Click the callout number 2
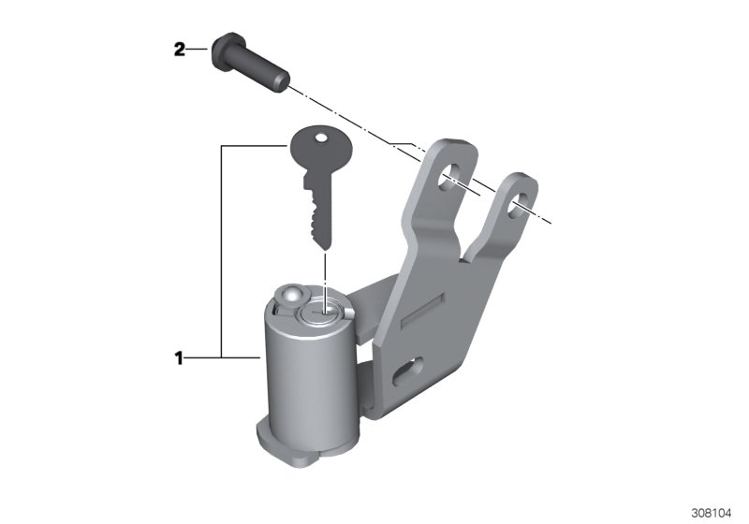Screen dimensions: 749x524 coord(179,50)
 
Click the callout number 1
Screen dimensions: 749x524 coord(179,358)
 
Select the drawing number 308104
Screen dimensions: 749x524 coord(712,513)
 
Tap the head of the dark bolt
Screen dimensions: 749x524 coord(224,51)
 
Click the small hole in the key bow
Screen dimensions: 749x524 coord(321,138)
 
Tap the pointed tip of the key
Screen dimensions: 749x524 coord(326,249)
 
